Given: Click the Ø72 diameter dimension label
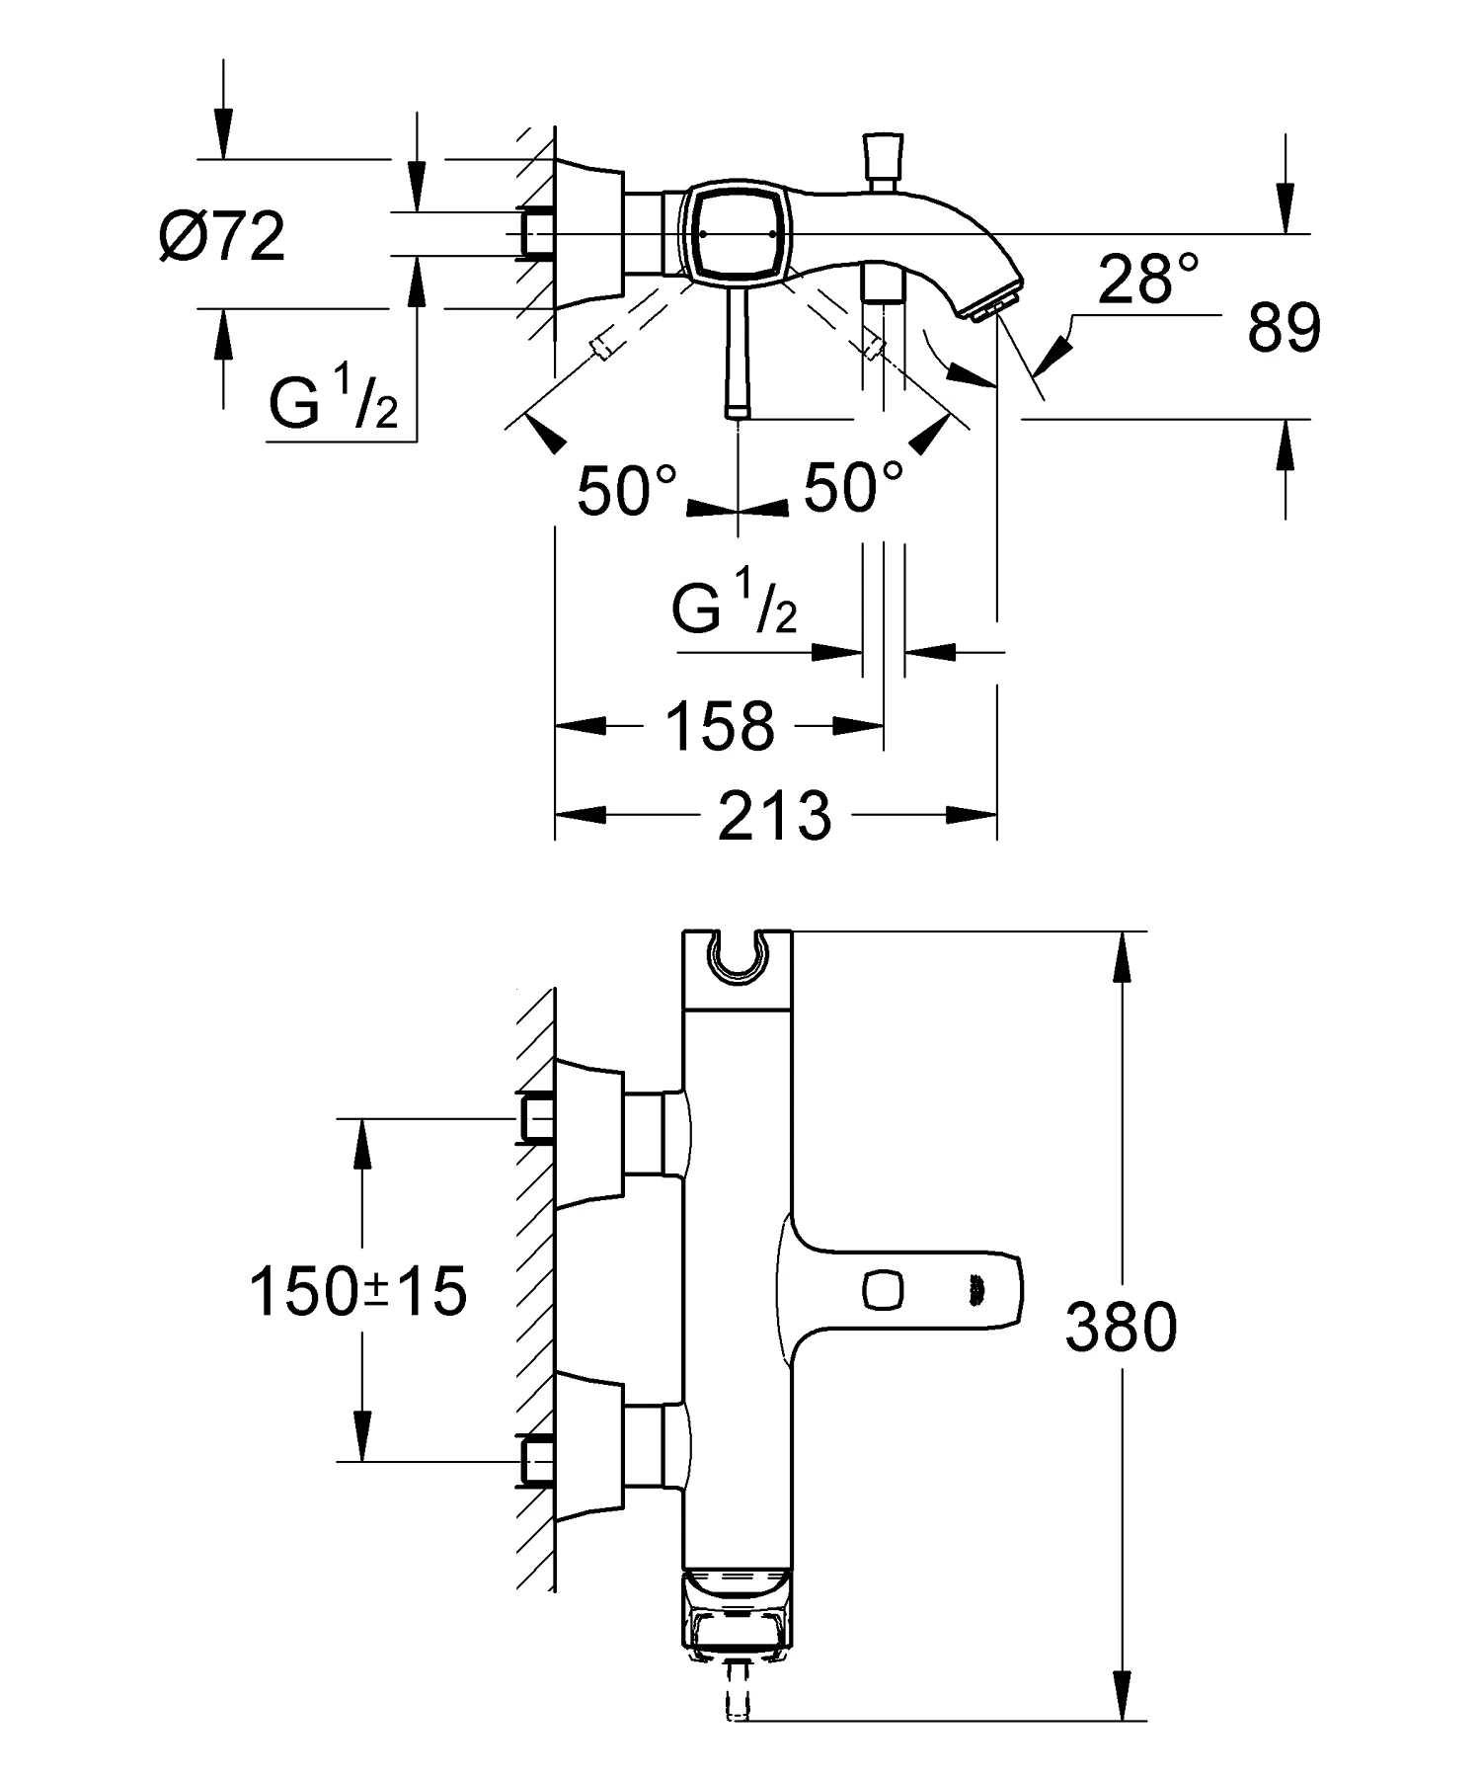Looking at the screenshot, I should point(222,237).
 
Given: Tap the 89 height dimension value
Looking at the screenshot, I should point(1284,328).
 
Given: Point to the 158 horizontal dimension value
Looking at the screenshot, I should point(720,726).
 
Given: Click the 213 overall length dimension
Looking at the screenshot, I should point(774,816).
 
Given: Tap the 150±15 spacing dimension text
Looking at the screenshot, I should point(357,1291).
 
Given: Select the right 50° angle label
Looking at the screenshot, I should point(853,487).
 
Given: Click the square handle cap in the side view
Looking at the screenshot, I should point(735,233).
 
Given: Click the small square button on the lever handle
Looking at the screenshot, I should point(882,1288).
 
